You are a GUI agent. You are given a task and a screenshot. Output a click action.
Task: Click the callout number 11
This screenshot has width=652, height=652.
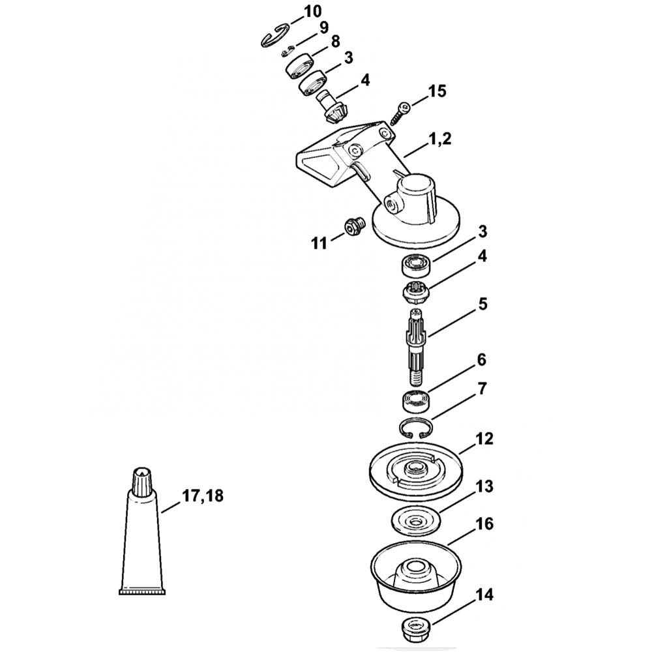pos(319,244)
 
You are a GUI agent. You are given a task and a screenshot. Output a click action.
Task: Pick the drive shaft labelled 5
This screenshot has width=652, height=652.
pos(415,344)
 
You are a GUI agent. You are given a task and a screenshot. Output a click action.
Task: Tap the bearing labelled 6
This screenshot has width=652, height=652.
pos(412,400)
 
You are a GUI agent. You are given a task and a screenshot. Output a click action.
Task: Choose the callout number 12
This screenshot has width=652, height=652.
pos(484,438)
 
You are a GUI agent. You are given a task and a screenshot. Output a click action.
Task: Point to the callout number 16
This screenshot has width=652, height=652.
pos(484,524)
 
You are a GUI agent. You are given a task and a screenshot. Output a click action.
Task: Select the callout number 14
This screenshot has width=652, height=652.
pos(484,595)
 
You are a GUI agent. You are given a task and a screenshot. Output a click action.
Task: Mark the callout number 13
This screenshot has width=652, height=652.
pos(484,487)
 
